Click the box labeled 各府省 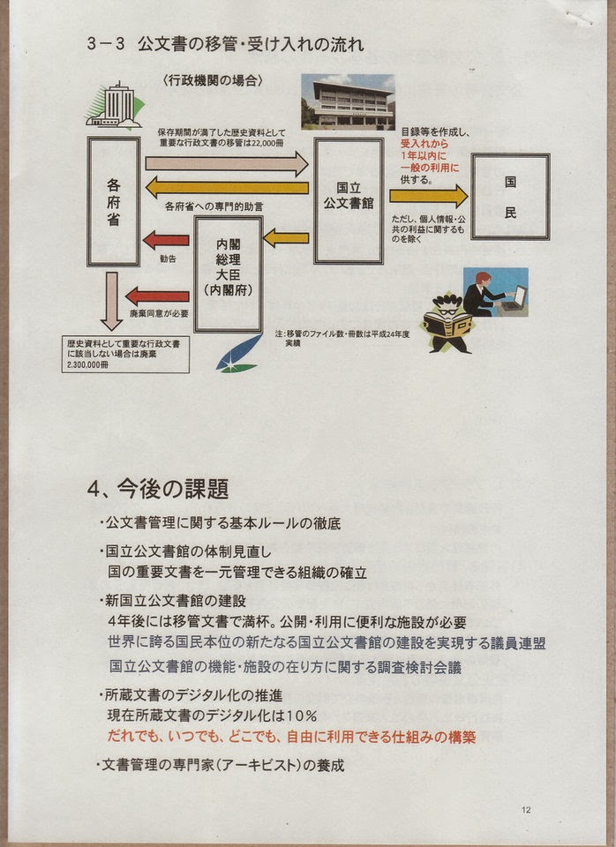pos(114,201)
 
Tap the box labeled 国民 pos(509,196)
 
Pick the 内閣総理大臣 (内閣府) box pos(229,274)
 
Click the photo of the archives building pos(348,102)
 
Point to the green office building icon pos(113,106)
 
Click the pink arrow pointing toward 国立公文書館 pos(226,163)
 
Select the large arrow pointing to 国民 pos(429,195)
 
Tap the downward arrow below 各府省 pos(111,300)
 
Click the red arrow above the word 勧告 pos(166,239)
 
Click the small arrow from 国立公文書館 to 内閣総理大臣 pos(286,237)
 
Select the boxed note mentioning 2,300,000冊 pos(125,354)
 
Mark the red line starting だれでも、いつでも pos(291,734)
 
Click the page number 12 pos(526,809)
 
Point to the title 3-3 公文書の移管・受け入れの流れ pos(225,45)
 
